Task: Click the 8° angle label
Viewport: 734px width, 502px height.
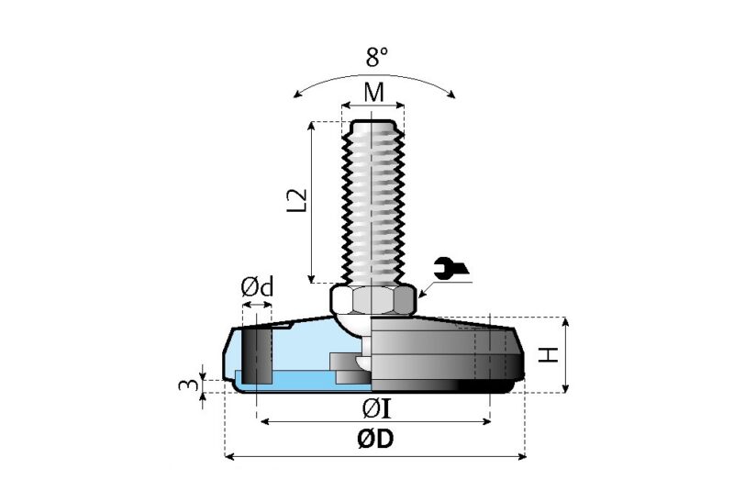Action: coord(376,57)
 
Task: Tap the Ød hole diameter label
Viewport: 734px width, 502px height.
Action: coord(257,287)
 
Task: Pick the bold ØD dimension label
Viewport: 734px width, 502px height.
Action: coord(375,441)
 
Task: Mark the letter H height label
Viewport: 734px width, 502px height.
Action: coord(548,354)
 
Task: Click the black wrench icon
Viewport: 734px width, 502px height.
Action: coord(452,267)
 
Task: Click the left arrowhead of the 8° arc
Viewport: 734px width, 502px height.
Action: coord(295,95)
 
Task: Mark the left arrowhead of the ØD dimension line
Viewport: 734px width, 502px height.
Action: coord(229,455)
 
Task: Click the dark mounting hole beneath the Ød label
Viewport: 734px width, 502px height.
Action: coord(258,353)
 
